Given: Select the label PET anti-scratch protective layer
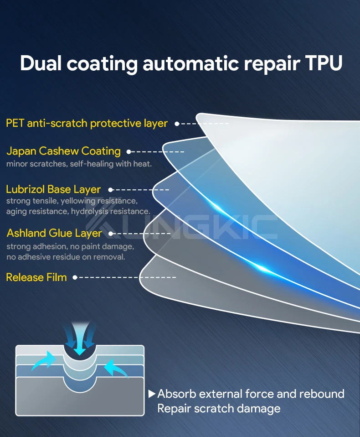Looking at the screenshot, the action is (x=87, y=123).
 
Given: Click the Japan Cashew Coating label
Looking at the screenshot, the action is (x=63, y=151).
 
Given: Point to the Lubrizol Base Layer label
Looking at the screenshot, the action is (x=53, y=189).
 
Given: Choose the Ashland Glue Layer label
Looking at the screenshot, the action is (x=54, y=234).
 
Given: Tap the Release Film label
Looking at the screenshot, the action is (x=36, y=277).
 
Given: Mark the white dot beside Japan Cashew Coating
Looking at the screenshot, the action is (x=129, y=151).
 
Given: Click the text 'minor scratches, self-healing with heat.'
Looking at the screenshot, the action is (x=79, y=164).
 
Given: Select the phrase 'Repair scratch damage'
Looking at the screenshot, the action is (x=219, y=408).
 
